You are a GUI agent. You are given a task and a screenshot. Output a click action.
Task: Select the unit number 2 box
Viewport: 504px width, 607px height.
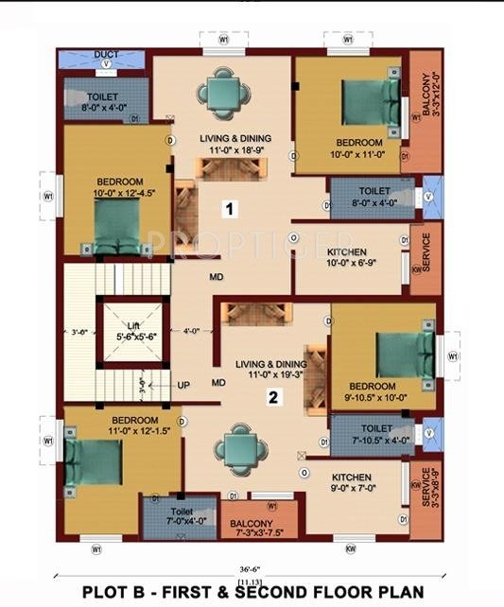272,398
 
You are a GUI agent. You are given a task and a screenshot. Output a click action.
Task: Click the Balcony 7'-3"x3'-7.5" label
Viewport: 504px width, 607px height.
252,529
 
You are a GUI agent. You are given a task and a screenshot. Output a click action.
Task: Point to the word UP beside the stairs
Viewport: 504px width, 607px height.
183,385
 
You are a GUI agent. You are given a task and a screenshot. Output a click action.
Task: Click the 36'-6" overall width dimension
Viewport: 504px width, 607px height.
251,568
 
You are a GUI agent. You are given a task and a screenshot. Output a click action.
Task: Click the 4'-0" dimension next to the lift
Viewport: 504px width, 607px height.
192,330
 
